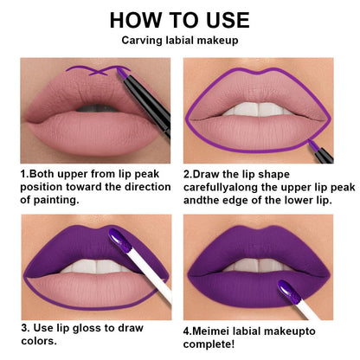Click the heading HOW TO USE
click(x=180, y=19)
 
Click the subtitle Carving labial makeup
click(x=180, y=40)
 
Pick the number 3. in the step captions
click(x=26, y=328)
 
